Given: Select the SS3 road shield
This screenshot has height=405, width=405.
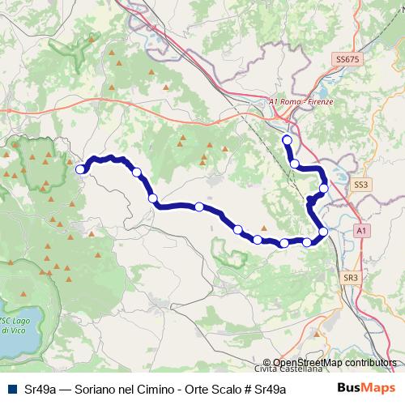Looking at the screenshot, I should (x=360, y=185).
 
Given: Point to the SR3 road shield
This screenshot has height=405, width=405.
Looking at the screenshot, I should (x=350, y=278).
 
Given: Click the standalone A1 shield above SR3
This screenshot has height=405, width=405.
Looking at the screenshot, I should (x=362, y=231).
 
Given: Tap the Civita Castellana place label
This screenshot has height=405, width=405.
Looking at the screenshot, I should (x=297, y=372).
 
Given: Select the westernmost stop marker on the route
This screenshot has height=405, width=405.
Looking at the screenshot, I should (x=80, y=169).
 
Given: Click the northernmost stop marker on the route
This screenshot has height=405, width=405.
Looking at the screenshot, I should (x=286, y=139).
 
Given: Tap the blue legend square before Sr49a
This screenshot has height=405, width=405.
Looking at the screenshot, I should (x=12, y=389).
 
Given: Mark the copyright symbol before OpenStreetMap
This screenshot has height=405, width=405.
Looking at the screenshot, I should (x=267, y=363).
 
